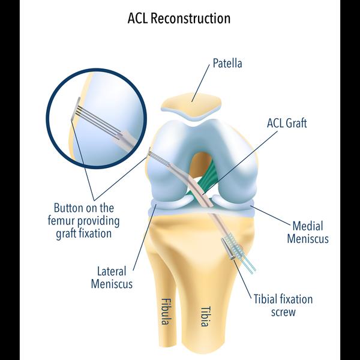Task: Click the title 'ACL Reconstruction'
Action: click(x=179, y=18)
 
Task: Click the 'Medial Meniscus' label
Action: click(x=308, y=232)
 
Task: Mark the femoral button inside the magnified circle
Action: click(x=76, y=112)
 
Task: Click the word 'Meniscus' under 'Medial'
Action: click(x=308, y=239)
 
